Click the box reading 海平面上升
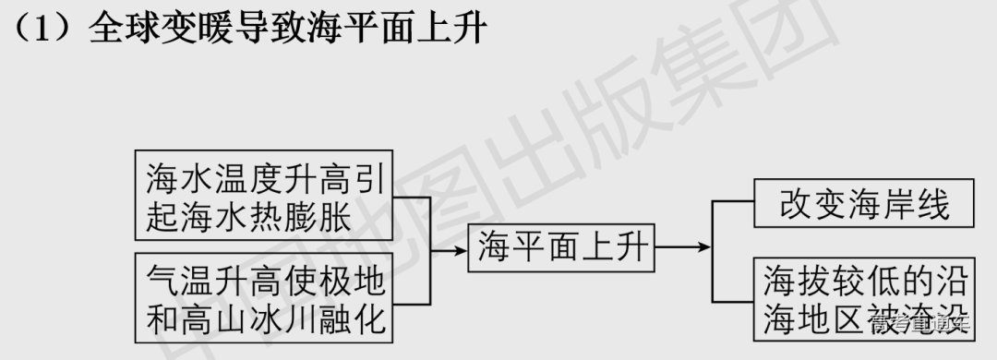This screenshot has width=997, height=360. point(563,247)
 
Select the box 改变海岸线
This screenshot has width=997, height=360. point(864,204)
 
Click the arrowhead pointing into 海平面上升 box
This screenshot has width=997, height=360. point(459,248)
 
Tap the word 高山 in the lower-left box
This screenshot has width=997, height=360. point(227,319)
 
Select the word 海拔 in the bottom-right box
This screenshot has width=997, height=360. point(792,280)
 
